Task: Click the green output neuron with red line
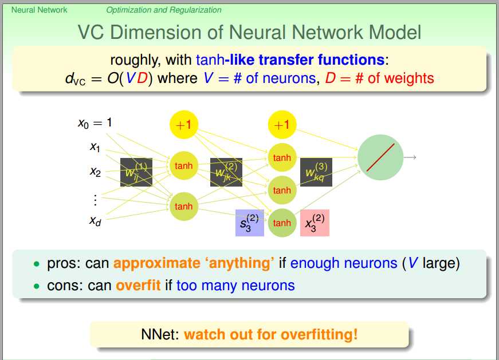pyautogui.click(x=380, y=157)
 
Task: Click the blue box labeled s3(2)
pyautogui.click(x=250, y=223)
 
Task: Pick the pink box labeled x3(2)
pyautogui.click(x=315, y=223)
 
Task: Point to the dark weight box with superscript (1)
pyautogui.click(x=136, y=172)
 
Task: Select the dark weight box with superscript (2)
pyautogui.click(x=226, y=172)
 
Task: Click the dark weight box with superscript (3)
pyautogui.click(x=316, y=172)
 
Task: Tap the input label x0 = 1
pyautogui.click(x=95, y=122)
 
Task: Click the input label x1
pyautogui.click(x=95, y=147)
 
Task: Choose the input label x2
pyautogui.click(x=95, y=171)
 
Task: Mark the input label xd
pyautogui.click(x=95, y=220)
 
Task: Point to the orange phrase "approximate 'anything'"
pyautogui.click(x=193, y=263)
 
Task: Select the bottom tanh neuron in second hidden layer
pyautogui.click(x=282, y=223)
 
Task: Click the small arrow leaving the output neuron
pyautogui.click(x=410, y=157)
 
